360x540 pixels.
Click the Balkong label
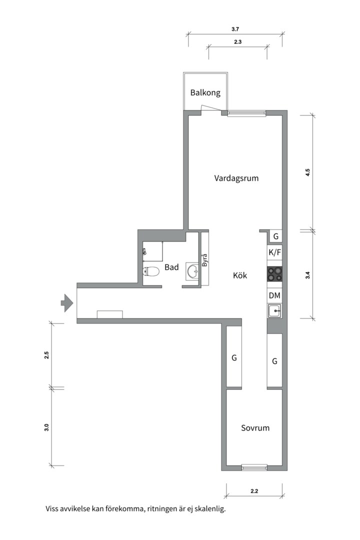(205, 92)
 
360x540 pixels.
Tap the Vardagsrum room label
(236, 178)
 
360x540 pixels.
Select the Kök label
(240, 275)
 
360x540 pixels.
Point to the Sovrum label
(255, 428)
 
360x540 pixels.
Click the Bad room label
(171, 267)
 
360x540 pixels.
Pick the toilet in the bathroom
(150, 271)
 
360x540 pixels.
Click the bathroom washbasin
(192, 271)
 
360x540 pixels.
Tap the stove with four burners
(274, 274)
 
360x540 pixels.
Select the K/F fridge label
(274, 252)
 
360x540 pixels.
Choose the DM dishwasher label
(274, 295)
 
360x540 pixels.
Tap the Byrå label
(204, 260)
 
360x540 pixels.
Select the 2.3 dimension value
(237, 42)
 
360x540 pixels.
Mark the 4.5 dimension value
(308, 172)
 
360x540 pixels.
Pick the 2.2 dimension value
(254, 491)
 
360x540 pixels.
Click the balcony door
(210, 108)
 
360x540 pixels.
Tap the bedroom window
(254, 467)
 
